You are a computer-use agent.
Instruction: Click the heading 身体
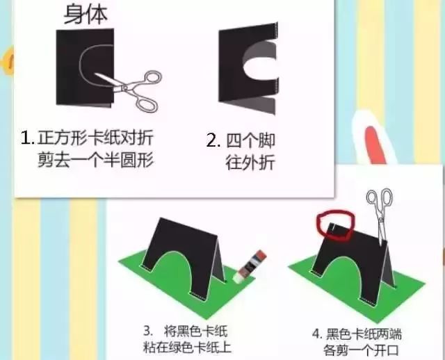click(86, 14)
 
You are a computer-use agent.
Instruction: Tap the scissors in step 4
click(380, 214)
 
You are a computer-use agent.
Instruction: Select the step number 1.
click(28, 138)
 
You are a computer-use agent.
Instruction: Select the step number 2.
click(213, 140)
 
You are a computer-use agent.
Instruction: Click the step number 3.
click(147, 332)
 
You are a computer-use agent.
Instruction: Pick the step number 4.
click(317, 334)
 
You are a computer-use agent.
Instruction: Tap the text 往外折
click(250, 163)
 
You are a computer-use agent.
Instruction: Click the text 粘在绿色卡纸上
click(187, 347)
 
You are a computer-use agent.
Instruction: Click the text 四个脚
click(250, 140)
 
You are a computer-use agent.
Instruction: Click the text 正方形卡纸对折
click(95, 138)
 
